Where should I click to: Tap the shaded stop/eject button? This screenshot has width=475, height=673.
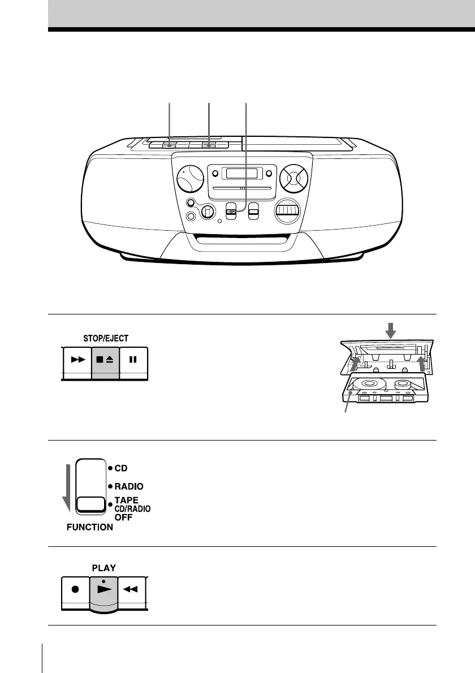pos(105,360)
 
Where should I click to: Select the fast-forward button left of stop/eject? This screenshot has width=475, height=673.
pos(76,360)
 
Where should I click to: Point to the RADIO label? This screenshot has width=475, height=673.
pos(129,486)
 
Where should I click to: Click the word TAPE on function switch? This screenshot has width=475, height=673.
pos(127,501)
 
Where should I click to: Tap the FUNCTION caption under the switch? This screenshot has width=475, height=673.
pos(89,527)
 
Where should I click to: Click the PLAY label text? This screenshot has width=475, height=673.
pos(104,568)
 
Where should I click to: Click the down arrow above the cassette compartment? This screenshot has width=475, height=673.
pos(387,327)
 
